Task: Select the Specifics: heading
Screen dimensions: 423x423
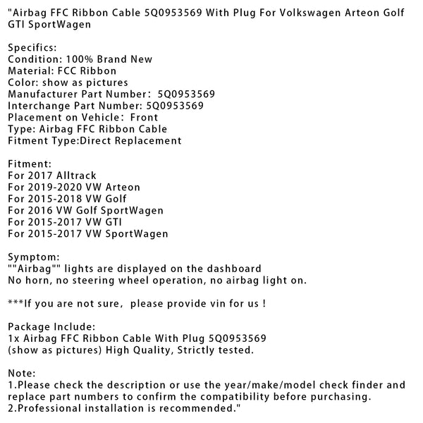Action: coord(32,48)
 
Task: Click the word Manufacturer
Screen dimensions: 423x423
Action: coord(42,94)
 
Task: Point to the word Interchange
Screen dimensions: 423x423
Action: coord(37,106)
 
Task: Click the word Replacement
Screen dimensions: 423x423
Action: coord(148,140)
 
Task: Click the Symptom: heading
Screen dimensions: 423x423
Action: coord(34,257)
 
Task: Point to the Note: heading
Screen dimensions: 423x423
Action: coord(21,373)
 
